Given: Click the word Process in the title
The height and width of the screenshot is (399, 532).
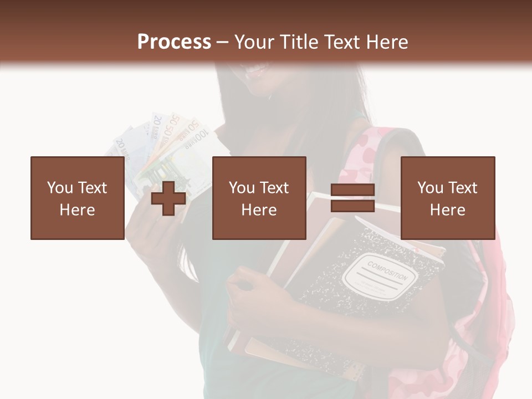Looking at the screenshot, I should click(x=174, y=42).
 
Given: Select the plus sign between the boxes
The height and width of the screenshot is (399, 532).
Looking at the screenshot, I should click(x=168, y=198).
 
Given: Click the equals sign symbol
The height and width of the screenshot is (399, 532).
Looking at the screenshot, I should click(x=352, y=198).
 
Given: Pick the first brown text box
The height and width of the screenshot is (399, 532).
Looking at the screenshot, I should click(x=77, y=198).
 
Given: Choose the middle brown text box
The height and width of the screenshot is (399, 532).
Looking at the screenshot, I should click(x=259, y=198).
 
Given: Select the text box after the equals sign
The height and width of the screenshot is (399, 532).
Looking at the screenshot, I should click(x=447, y=198).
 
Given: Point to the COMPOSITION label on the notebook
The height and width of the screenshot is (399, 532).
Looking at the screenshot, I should click(x=387, y=269).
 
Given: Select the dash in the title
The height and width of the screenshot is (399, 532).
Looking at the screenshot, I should click(x=222, y=43).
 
